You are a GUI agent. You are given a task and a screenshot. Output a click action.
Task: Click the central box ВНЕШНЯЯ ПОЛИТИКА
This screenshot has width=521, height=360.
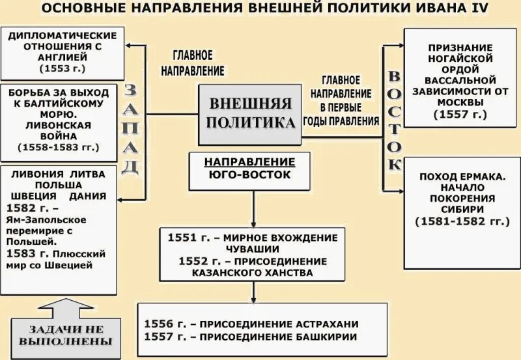point(251,114)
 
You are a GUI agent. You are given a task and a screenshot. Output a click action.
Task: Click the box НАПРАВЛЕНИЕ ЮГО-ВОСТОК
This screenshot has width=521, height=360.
point(250,168)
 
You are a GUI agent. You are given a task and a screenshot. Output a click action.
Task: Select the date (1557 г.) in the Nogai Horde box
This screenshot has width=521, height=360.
point(460,114)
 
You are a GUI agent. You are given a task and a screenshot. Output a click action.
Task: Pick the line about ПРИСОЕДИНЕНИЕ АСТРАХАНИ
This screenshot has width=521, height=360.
point(251,324)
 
